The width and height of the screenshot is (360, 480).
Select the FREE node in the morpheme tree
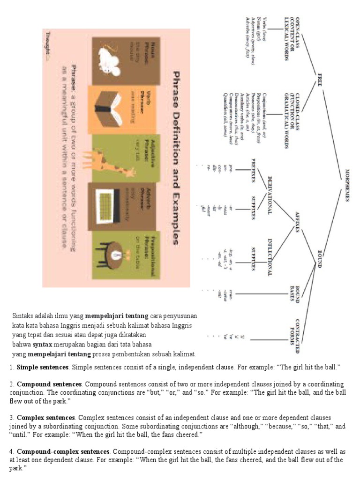tap(320, 77)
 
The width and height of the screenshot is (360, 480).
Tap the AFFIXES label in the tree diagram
tap(297, 222)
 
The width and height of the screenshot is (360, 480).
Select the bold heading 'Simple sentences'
tap(43, 366)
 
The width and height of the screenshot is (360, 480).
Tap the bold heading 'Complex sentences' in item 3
tap(45, 417)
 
